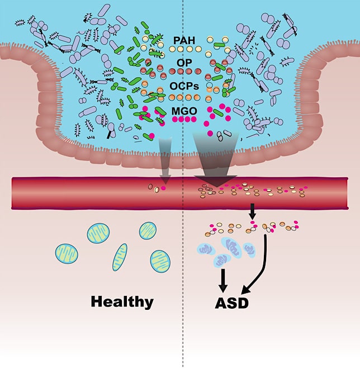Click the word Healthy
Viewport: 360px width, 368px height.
point(122,302)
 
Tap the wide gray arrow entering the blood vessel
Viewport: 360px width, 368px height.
point(215,159)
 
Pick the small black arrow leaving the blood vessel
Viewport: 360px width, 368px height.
point(252,212)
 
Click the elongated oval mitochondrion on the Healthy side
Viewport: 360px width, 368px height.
point(120,259)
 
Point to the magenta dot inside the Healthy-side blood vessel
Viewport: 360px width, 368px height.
point(164,188)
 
